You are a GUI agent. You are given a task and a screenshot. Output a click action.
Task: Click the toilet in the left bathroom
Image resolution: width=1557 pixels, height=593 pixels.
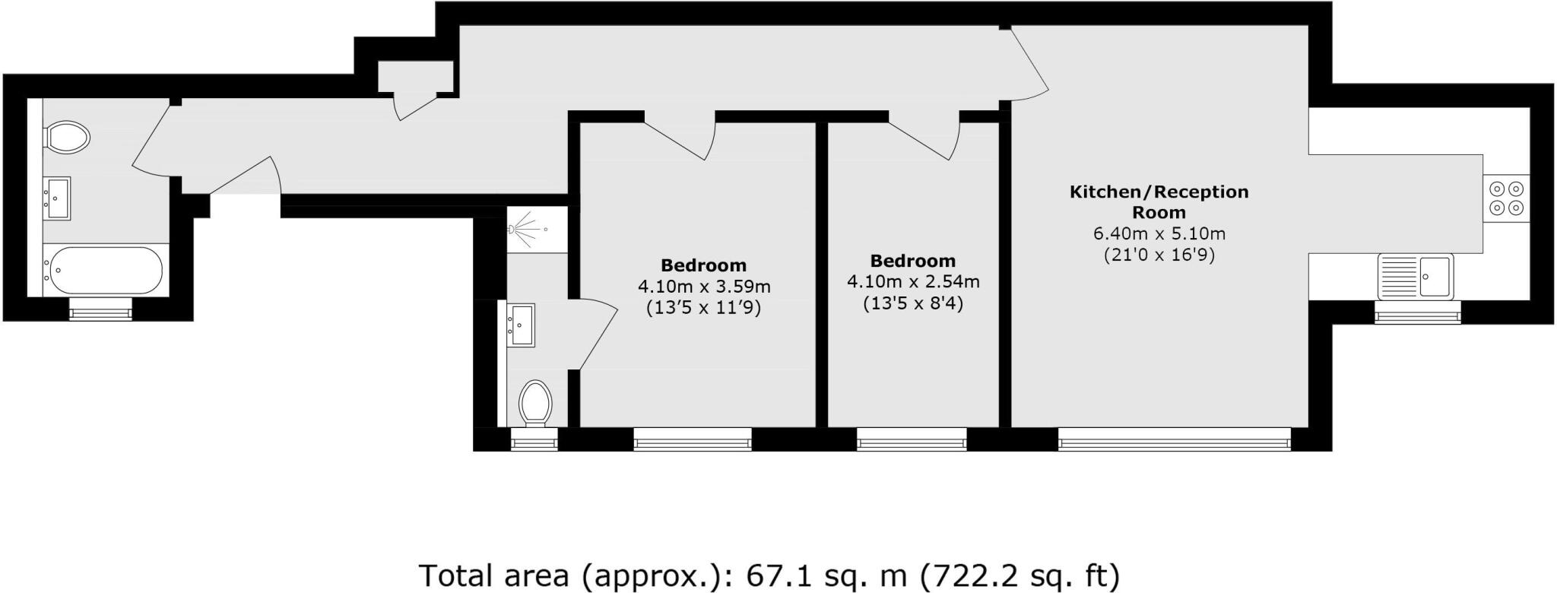pos(67,138)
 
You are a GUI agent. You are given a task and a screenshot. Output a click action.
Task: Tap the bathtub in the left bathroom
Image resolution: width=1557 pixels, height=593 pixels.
pos(104,270)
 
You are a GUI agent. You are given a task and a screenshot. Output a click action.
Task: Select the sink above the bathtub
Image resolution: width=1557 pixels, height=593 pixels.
pos(57,198)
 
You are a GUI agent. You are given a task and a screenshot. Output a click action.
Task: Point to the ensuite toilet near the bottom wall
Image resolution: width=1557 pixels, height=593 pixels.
pos(535,403)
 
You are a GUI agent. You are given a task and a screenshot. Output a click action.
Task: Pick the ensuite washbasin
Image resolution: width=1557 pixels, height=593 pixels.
pos(521,325)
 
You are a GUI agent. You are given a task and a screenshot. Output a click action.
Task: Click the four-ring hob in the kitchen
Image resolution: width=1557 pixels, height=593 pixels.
pos(1505,198)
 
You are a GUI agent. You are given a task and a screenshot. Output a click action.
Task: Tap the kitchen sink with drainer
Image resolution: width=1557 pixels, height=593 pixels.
pos(1415,276)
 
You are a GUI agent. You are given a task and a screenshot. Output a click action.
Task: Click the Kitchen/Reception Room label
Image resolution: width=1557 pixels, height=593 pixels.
pos(1159,201)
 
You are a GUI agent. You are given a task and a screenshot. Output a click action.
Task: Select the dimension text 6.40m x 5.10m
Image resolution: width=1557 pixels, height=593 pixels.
pos(1159,233)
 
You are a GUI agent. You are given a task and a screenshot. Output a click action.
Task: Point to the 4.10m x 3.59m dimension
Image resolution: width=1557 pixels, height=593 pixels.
pos(703,287)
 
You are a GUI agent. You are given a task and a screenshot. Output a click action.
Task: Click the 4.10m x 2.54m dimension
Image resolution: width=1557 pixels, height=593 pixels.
pos(913,282)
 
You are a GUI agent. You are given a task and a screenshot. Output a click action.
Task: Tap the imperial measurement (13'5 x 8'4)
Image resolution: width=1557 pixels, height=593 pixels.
pos(913,303)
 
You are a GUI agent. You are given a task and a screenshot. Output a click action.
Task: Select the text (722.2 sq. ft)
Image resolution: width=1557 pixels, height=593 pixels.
pos(1020,575)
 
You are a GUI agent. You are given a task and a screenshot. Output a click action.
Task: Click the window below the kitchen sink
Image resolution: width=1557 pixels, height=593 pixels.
pos(1417,312)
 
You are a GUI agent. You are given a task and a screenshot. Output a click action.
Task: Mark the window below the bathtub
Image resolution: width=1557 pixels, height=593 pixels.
pos(100,309)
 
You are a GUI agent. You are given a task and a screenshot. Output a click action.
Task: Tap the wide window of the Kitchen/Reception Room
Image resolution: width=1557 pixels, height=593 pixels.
pos(1174,439)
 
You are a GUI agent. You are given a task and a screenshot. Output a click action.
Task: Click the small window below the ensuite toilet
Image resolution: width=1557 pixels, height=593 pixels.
pos(534,439)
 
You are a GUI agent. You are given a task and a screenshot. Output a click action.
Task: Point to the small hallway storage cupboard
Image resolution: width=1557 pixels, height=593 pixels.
pos(416,75)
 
